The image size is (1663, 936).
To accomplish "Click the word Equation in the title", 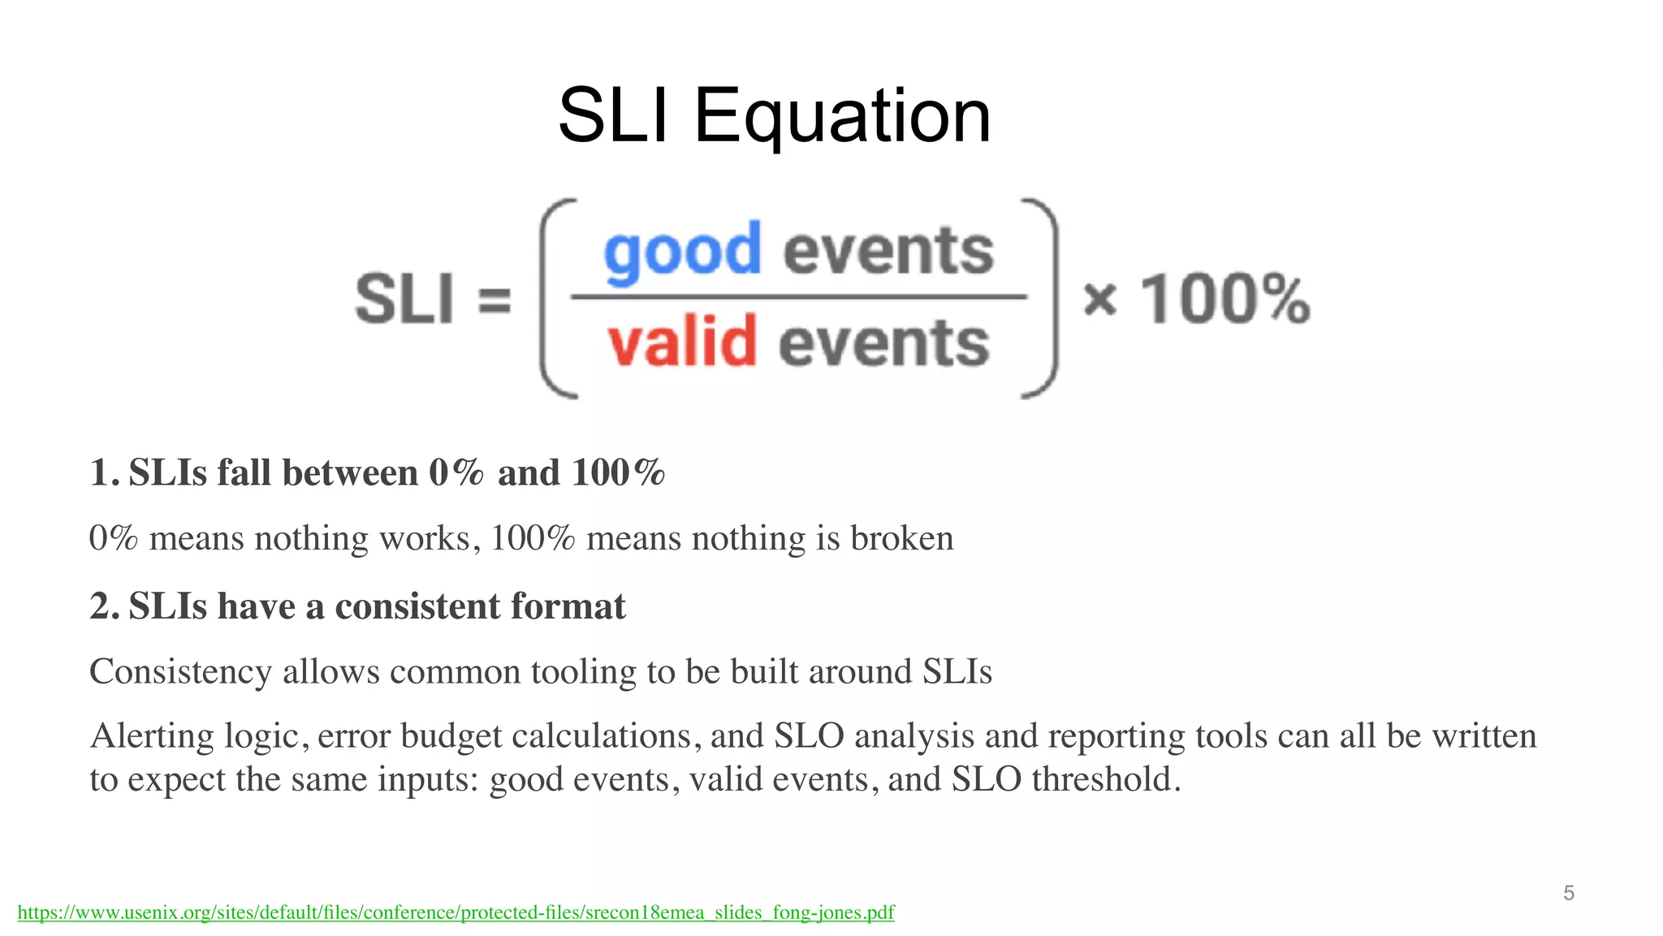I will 842,118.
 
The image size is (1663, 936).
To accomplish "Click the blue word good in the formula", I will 682,252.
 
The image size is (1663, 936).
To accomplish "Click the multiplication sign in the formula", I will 1100,300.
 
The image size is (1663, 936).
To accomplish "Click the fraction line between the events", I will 799,297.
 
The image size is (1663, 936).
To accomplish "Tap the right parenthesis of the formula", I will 1043,299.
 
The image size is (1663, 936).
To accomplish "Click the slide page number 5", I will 1568,893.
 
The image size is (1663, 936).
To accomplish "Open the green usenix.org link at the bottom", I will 456,912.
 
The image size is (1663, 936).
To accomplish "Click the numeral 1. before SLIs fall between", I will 104,473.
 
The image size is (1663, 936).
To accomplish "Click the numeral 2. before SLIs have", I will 104,606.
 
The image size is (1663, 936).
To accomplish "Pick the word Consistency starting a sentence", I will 180,672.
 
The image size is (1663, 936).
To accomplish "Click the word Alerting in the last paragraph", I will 152,736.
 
